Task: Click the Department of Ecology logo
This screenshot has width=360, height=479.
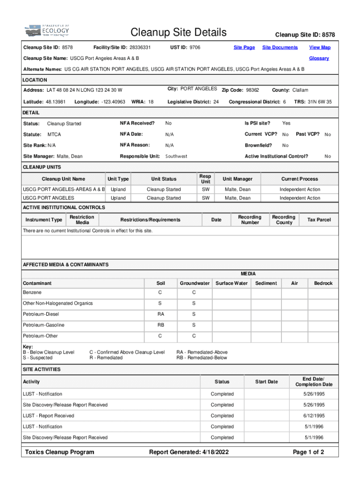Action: (x=46, y=31)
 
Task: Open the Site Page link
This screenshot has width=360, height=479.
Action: (x=244, y=47)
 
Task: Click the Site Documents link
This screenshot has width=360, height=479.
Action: (x=280, y=47)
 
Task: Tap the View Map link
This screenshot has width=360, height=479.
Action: (x=320, y=47)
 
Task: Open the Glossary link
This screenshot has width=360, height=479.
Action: (x=319, y=58)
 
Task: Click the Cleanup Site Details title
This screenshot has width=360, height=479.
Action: (x=179, y=32)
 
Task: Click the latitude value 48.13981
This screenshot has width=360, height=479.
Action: (x=56, y=102)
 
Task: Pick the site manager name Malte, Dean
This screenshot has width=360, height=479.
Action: (x=70, y=156)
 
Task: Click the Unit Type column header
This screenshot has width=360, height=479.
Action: (x=118, y=179)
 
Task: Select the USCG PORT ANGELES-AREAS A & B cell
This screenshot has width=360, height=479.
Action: (x=64, y=189)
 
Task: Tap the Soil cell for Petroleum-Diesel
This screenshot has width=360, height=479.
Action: (x=161, y=314)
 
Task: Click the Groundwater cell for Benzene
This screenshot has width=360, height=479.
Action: (x=194, y=292)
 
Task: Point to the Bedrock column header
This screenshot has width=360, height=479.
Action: (x=323, y=283)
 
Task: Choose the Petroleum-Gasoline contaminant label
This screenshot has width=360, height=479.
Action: (x=43, y=325)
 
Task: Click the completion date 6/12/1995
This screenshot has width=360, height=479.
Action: (x=314, y=416)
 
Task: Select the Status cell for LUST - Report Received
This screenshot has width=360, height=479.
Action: (x=222, y=416)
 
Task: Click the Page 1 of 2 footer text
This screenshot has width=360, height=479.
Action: (x=308, y=452)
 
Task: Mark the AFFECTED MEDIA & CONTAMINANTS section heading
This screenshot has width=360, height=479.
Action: (x=65, y=265)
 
